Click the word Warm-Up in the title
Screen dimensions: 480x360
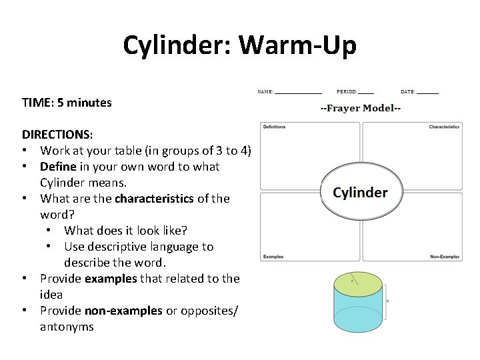point(297,45)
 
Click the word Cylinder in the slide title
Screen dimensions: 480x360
point(177,45)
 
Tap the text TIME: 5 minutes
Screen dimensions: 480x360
point(67,103)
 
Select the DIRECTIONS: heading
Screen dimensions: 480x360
point(57,135)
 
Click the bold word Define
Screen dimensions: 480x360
point(58,167)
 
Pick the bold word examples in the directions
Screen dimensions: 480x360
point(110,279)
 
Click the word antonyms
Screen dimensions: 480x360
point(67,327)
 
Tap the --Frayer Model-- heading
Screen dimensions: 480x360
point(360,108)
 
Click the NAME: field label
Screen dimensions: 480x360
point(265,91)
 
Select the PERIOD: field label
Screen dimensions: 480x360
point(347,91)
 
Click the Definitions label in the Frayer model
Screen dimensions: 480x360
point(274,127)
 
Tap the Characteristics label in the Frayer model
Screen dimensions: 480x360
point(444,127)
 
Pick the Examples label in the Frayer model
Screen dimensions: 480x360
point(273,257)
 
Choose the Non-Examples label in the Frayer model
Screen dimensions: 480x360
point(445,257)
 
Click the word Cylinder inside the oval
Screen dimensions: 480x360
point(360,193)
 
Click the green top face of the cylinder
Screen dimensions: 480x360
point(357,283)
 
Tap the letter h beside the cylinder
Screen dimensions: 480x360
point(387,302)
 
